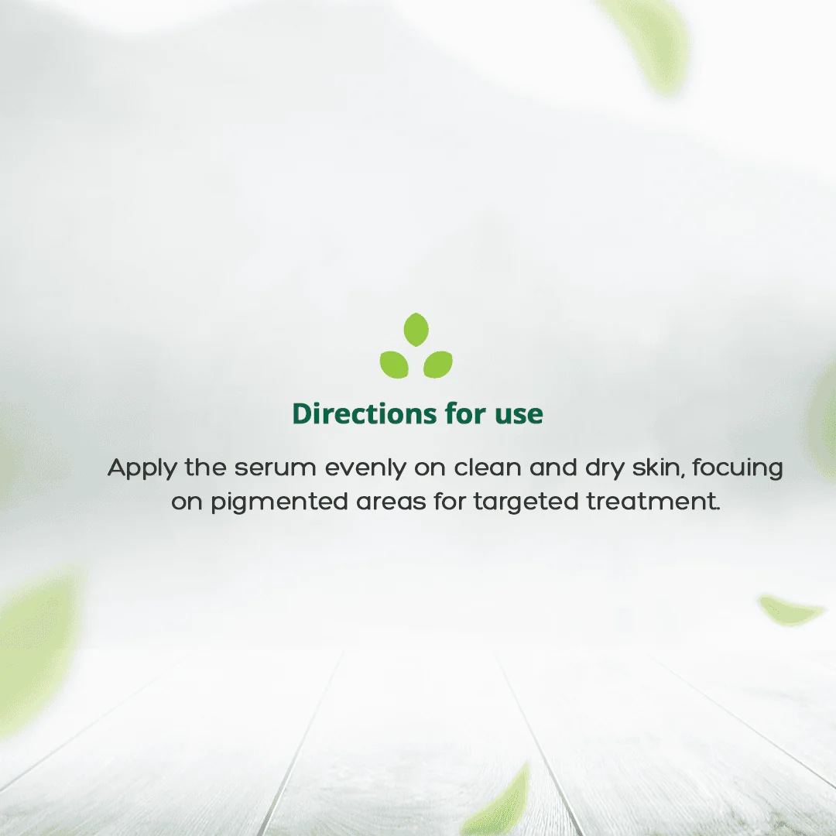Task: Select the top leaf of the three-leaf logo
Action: point(416,330)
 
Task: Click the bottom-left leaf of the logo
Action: point(394,365)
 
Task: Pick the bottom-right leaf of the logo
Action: point(438,365)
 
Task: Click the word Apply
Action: point(142,468)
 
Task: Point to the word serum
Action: point(275,468)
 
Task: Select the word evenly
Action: point(365,468)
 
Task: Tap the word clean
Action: point(488,468)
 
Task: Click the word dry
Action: point(605,468)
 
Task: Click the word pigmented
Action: point(279,503)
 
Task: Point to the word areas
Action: point(391,503)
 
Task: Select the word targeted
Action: point(526,503)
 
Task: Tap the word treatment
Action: point(653,502)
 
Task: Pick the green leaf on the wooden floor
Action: point(499,803)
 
